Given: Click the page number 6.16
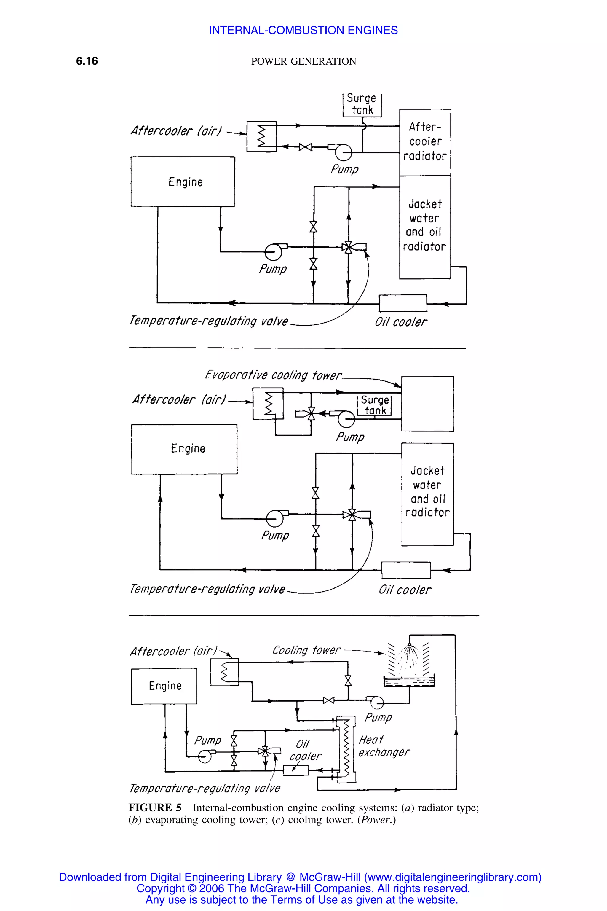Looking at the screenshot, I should pyautogui.click(x=87, y=61).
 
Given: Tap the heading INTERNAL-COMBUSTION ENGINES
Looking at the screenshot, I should pyautogui.click(x=303, y=30).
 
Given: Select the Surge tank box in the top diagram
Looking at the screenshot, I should pyautogui.click(x=362, y=104).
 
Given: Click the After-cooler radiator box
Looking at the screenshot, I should pyautogui.click(x=425, y=142).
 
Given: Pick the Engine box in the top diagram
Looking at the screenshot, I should pyautogui.click(x=183, y=182).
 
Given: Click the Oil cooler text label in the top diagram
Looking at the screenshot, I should pyautogui.click(x=401, y=322).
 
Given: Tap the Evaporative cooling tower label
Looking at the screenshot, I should pyautogui.click(x=273, y=375).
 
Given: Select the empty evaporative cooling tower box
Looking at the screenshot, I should pyautogui.click(x=427, y=404).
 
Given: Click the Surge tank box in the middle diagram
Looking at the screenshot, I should pyautogui.click(x=374, y=405).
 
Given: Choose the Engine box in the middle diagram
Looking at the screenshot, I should pyautogui.click(x=184, y=449).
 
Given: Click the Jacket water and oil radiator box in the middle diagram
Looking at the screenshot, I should pyautogui.click(x=427, y=494).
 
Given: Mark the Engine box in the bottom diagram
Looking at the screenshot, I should pyautogui.click(x=164, y=686).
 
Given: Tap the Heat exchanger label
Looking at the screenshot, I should pyautogui.click(x=383, y=746).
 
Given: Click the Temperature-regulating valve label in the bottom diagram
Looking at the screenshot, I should pyautogui.click(x=205, y=788).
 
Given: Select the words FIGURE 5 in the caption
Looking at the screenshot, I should pyautogui.click(x=155, y=808).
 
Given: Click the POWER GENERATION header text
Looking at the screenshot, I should pyautogui.click(x=303, y=61).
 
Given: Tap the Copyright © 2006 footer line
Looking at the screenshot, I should pyautogui.click(x=303, y=888).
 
